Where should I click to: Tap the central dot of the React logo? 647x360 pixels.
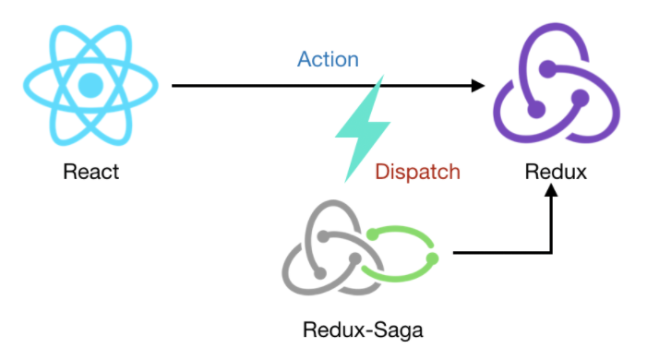pos(90,86)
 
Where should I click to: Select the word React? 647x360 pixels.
pos(90,172)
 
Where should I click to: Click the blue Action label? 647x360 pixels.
pos(328,59)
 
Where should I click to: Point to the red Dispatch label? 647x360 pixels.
pos(417,172)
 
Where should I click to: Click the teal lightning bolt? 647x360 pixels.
pos(363,128)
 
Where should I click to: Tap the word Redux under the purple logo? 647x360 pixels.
pos(556,172)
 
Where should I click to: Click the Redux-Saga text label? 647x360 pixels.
pos(363,330)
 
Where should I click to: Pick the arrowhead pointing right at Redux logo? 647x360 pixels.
pos(478,86)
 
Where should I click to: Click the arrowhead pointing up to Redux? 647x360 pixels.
pos(551,190)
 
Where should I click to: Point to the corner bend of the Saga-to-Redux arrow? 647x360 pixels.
pos(551,252)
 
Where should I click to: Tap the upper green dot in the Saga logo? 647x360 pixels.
pos(373,234)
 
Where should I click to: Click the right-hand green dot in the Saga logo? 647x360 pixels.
pos(432,258)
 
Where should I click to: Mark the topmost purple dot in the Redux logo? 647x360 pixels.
pos(547,69)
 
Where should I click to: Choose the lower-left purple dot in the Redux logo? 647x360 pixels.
pos(536,110)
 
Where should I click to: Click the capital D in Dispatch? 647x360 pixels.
pos(381,172)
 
